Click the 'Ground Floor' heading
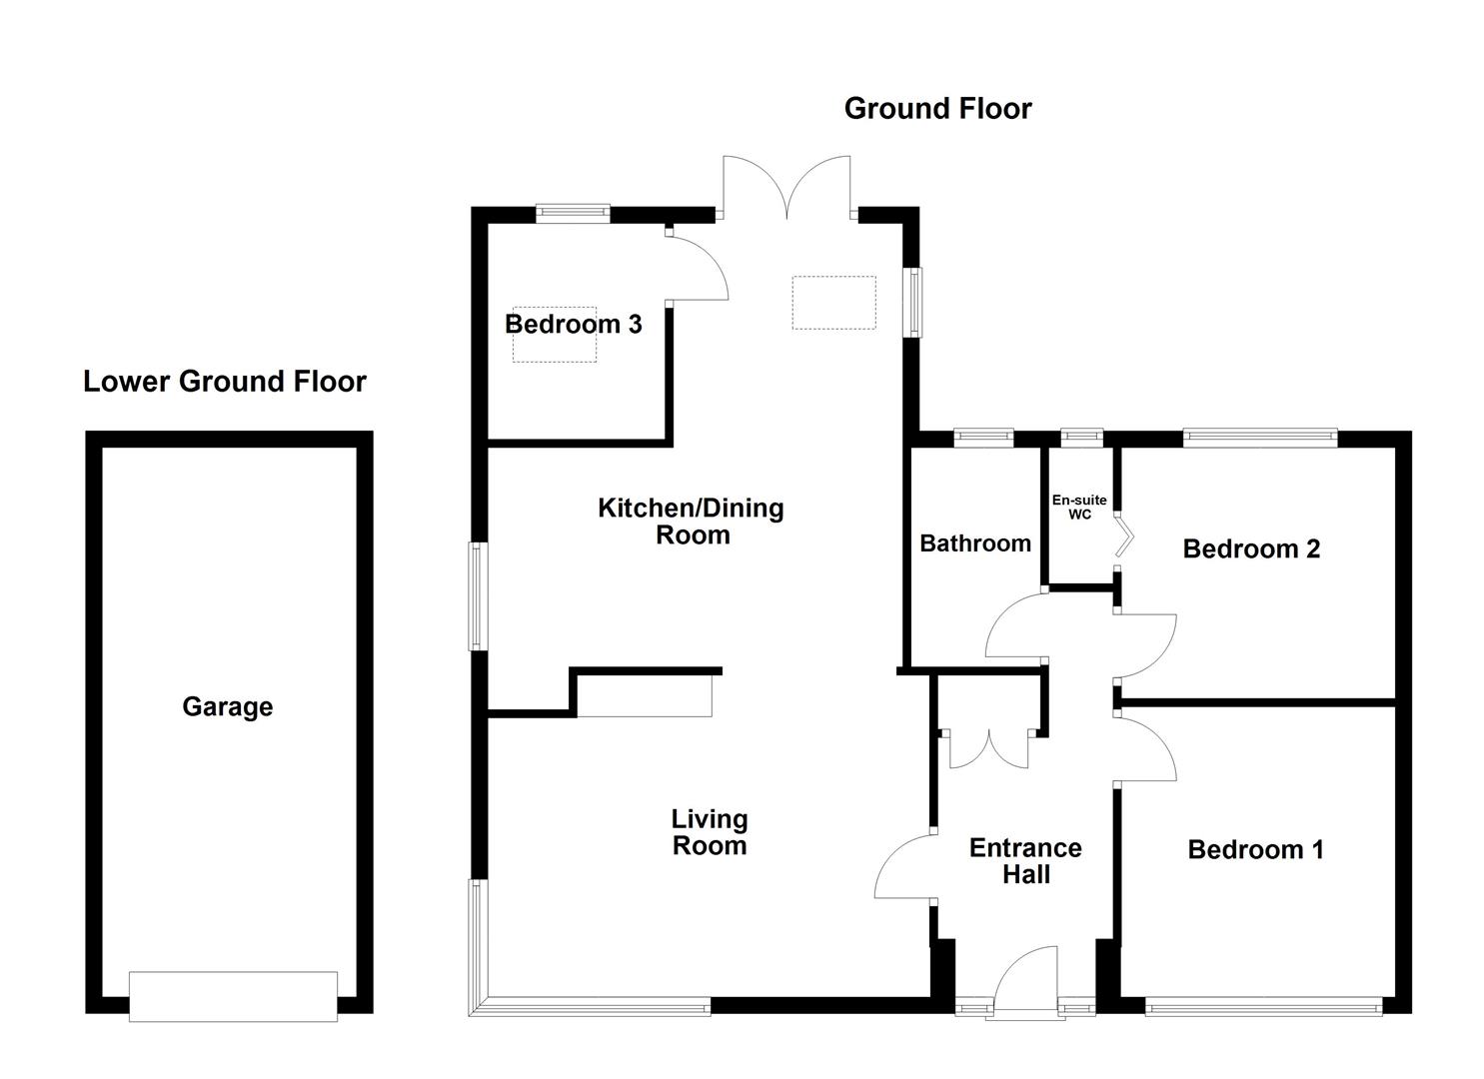tap(936, 108)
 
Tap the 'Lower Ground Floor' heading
tap(225, 382)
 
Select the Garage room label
tap(227, 707)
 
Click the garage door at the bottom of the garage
tap(233, 995)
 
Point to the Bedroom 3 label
tap(573, 324)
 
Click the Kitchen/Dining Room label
tap(692, 522)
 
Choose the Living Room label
tap(709, 832)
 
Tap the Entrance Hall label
tap(1025, 861)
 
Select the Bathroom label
tap(974, 543)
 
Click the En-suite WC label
tap(1079, 507)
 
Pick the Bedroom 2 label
tap(1251, 548)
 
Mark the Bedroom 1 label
tap(1255, 850)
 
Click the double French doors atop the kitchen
tap(787, 188)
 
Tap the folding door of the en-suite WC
tap(1125, 533)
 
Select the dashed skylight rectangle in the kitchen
tap(833, 303)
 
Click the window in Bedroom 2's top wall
tap(1259, 436)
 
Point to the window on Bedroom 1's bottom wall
tap(1263, 1007)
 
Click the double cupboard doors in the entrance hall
tap(987, 749)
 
